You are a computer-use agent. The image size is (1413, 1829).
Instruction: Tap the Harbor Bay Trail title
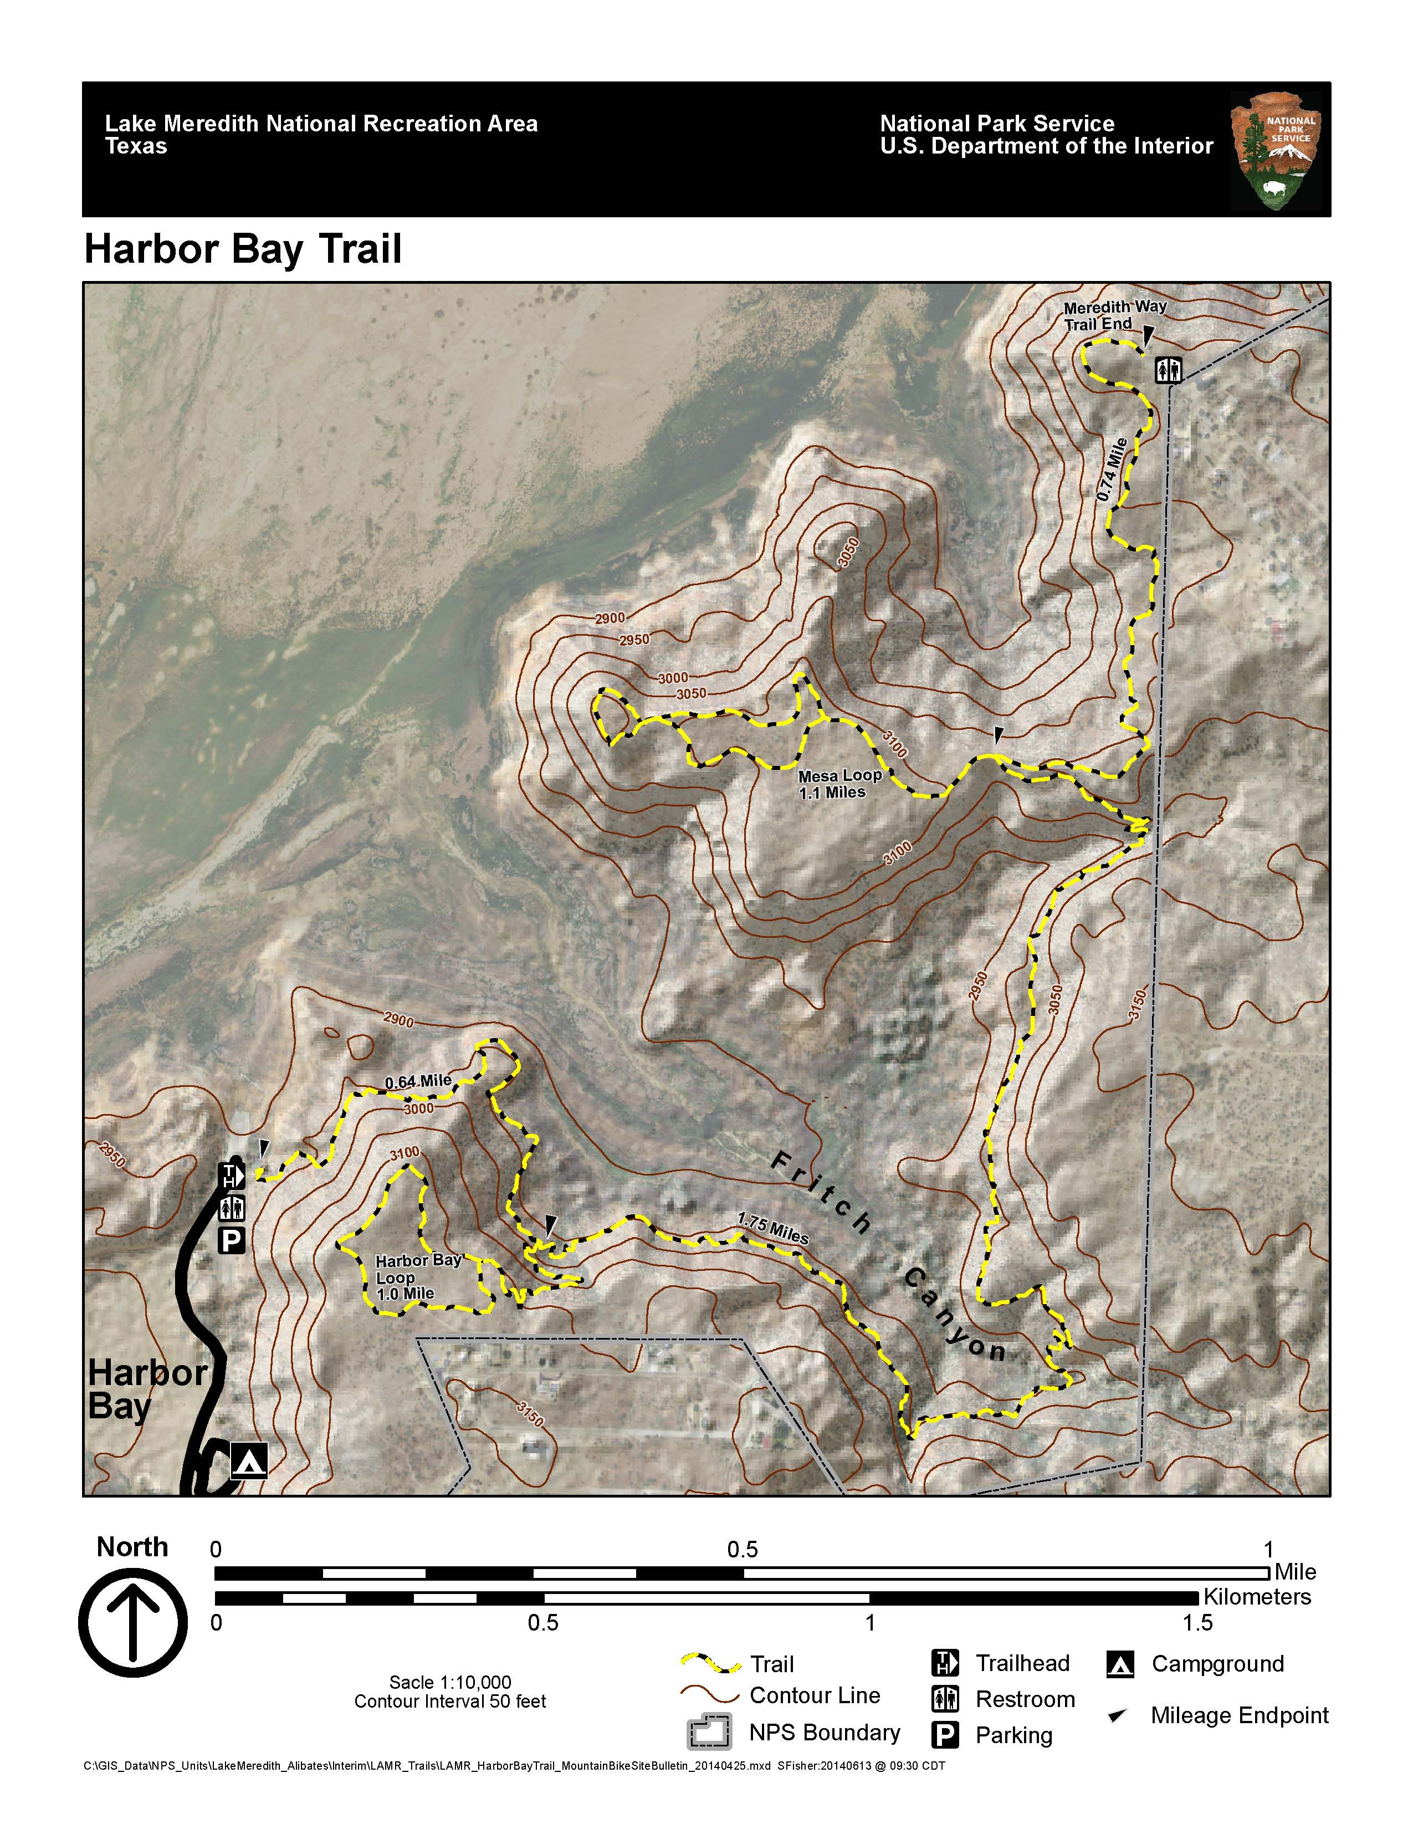click(x=243, y=249)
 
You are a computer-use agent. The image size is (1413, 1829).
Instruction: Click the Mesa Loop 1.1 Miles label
click(x=839, y=784)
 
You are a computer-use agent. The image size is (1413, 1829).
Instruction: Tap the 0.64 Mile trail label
click(x=418, y=1082)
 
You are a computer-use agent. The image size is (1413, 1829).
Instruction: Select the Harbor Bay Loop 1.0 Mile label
click(x=416, y=1277)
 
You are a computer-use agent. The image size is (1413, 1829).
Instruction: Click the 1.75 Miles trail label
click(x=772, y=1229)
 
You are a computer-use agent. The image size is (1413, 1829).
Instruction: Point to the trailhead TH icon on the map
click(x=231, y=1176)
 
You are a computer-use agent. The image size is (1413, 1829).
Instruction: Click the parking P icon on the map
click(x=231, y=1240)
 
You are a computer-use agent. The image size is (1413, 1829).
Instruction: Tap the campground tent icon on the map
click(x=249, y=1460)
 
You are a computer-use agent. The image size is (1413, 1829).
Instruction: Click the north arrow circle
click(x=133, y=1622)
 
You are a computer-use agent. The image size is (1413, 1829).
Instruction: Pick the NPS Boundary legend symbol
click(x=709, y=1732)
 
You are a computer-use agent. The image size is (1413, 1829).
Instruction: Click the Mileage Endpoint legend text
click(x=1239, y=1715)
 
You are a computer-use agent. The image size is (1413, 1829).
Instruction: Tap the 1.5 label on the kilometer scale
click(x=1197, y=1623)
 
